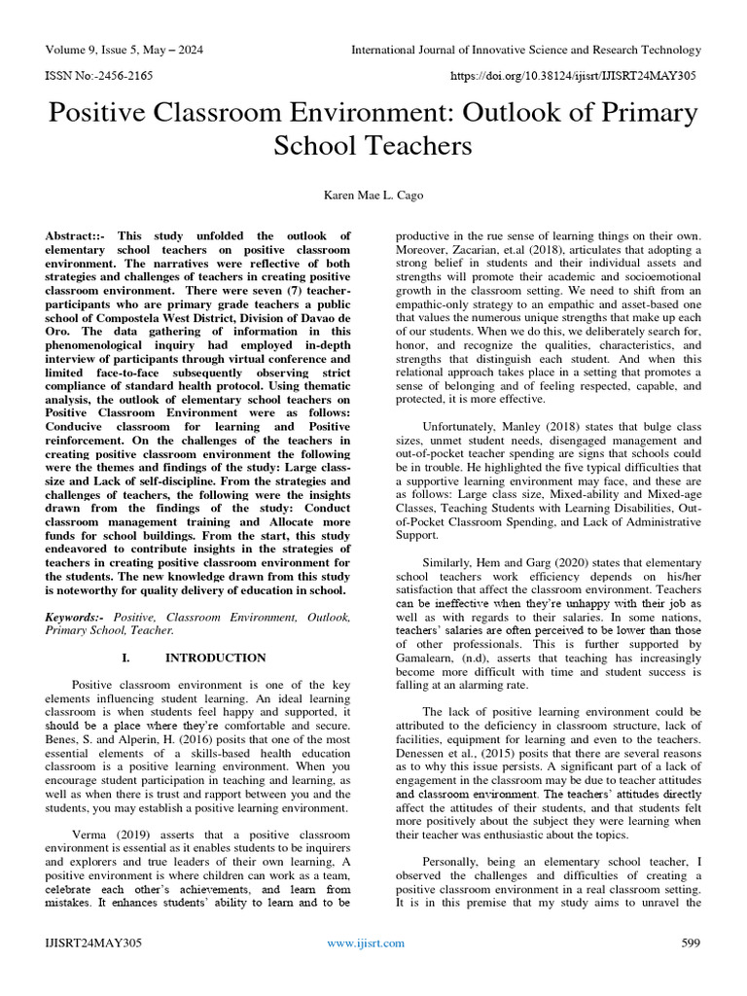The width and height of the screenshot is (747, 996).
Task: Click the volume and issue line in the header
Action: (125, 50)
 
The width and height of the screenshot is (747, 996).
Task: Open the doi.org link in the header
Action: (587, 74)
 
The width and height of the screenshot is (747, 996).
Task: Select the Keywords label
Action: (77, 618)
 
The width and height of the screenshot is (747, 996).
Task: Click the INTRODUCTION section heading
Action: (215, 658)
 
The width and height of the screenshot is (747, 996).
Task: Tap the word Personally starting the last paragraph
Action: (456, 861)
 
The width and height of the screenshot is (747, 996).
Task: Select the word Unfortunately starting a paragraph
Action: (469, 426)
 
